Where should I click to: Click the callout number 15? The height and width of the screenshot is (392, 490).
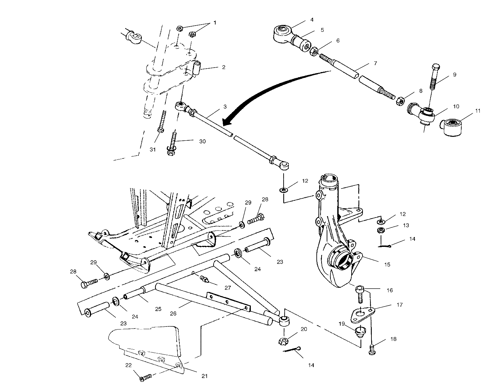click(x=387, y=264)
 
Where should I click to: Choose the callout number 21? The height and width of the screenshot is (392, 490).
click(x=204, y=376)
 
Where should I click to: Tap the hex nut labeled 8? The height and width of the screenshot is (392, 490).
click(x=400, y=101)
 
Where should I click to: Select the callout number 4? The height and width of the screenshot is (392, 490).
click(x=312, y=20)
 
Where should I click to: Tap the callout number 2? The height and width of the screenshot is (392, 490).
click(x=223, y=67)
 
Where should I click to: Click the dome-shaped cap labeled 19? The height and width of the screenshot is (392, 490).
click(x=358, y=331)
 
